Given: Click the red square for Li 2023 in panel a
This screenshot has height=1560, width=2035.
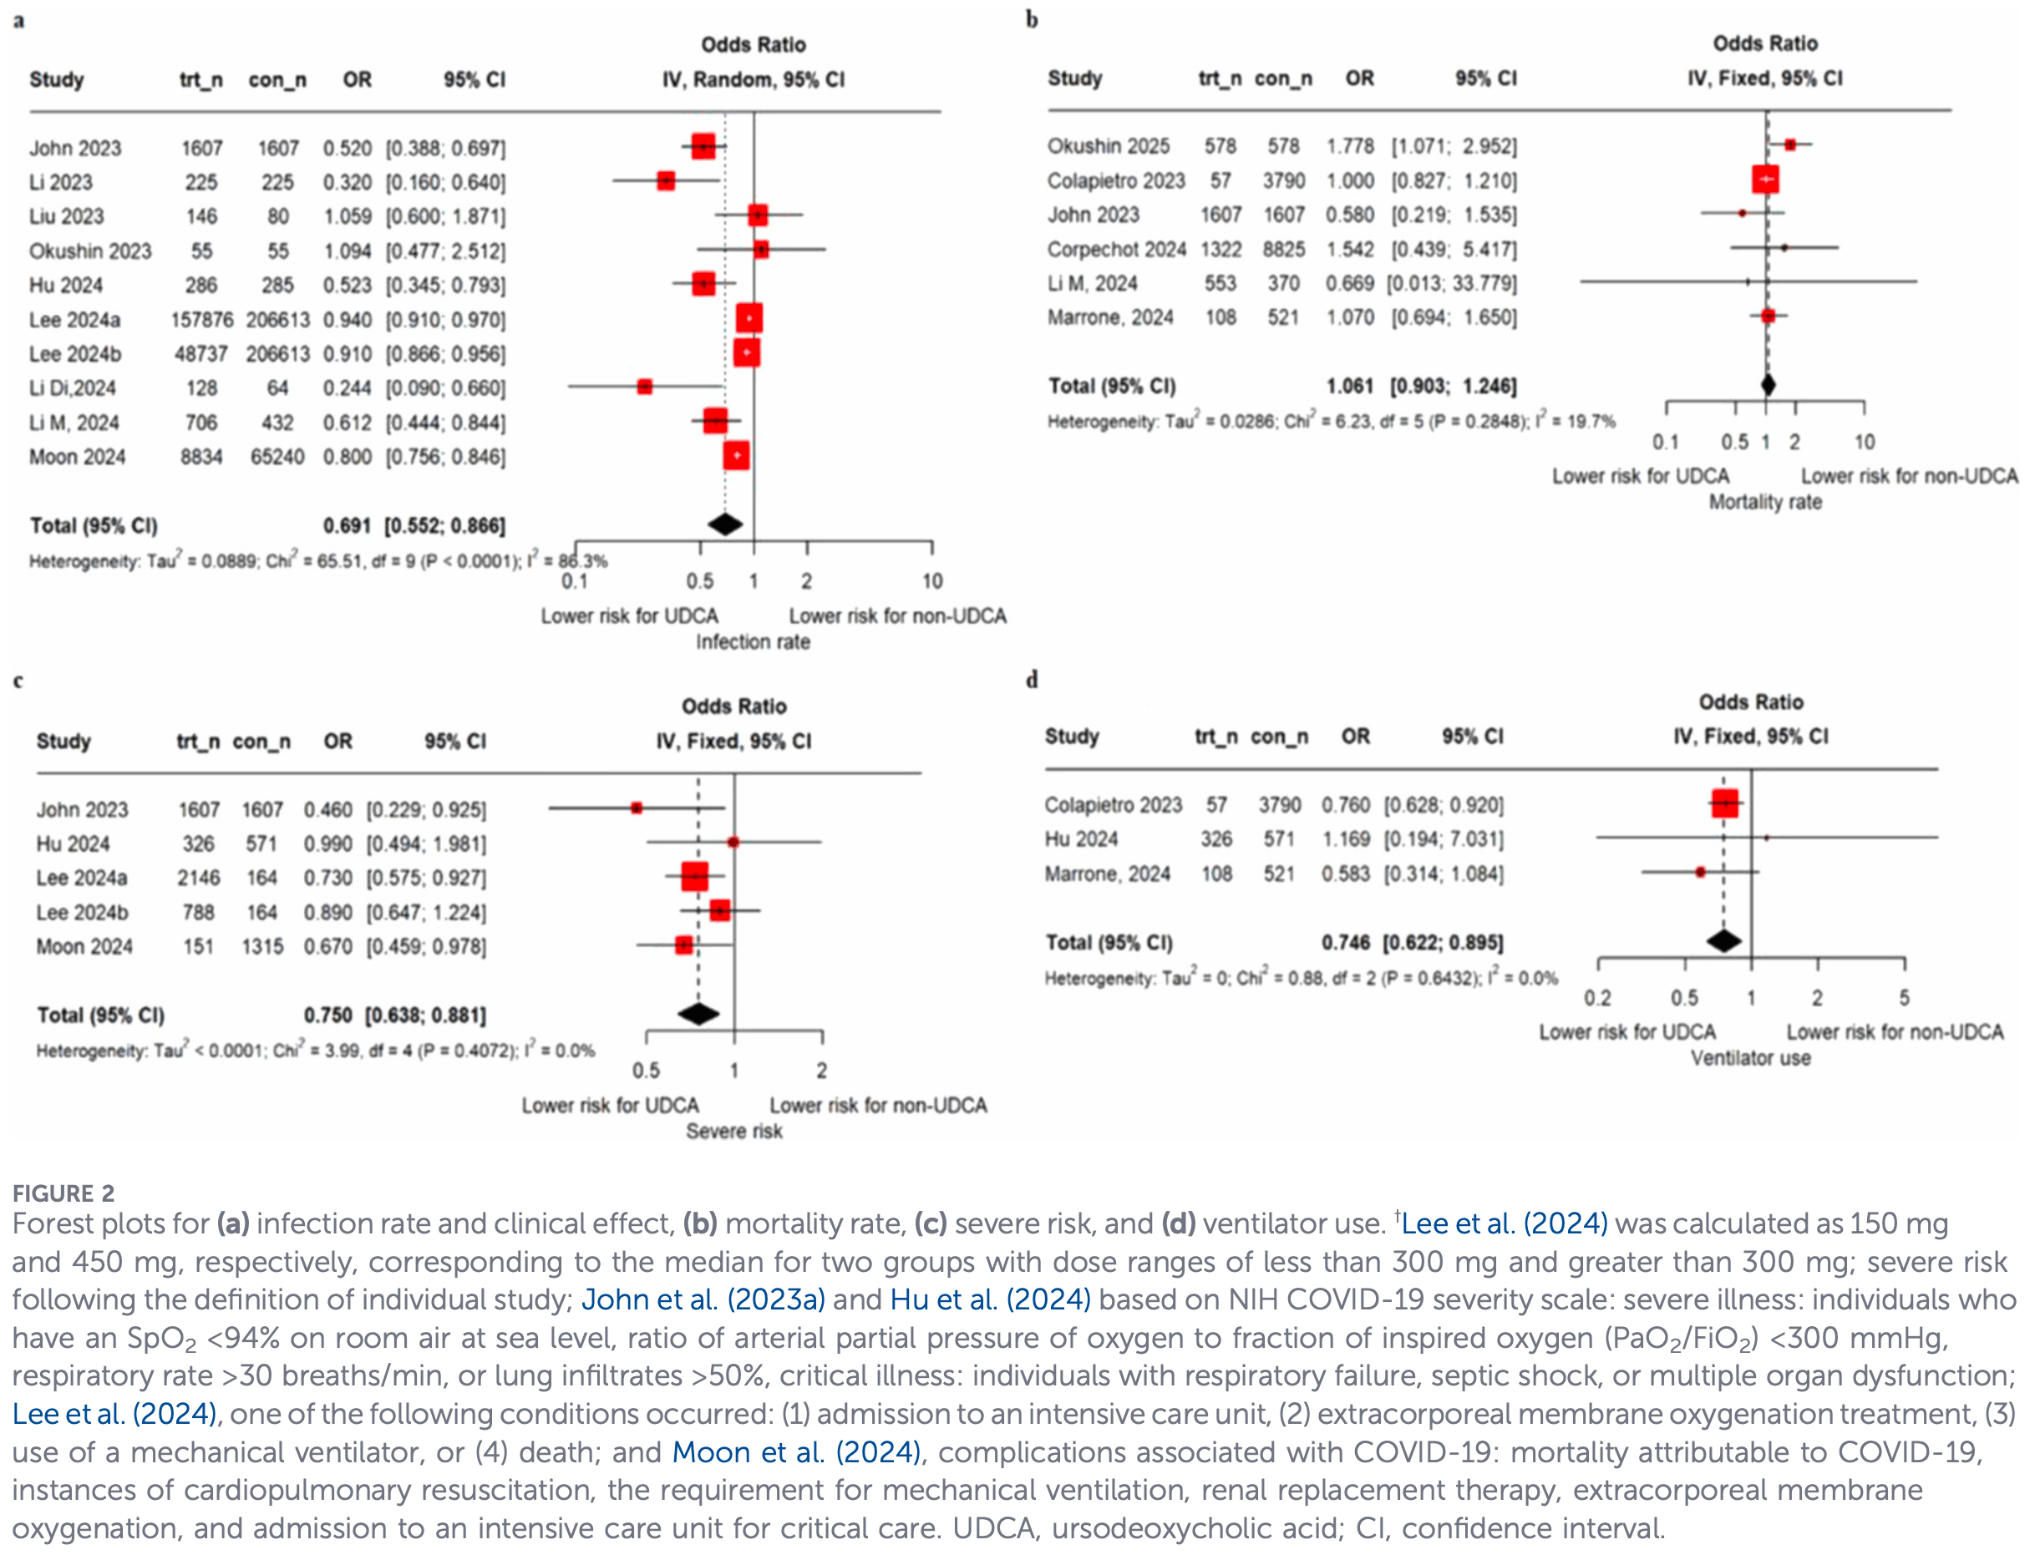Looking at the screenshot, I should [665, 181].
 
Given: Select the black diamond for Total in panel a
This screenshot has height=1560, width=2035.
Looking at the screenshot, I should [724, 524].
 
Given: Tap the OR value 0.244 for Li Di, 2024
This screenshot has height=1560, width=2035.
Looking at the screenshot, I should [347, 388].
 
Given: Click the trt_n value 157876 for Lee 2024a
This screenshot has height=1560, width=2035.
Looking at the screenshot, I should [201, 319].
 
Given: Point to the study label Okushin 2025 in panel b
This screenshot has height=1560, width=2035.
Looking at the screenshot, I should [1107, 146].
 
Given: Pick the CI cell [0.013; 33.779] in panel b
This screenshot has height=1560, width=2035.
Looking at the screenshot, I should [1451, 283].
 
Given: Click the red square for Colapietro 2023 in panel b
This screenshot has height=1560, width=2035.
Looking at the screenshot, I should [1764, 180].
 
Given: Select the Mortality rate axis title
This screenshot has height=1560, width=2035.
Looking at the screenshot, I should [1764, 503].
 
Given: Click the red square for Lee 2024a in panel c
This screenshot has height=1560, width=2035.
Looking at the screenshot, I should [694, 877].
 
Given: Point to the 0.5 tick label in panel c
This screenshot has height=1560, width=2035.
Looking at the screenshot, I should [646, 1071].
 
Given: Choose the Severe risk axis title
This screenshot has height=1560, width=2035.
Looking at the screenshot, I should [733, 1131].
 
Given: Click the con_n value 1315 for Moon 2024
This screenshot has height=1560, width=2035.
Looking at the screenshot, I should [262, 946].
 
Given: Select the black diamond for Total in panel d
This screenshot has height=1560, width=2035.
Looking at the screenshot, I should [1724, 940].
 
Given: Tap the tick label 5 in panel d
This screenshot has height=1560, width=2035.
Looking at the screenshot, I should [1904, 998].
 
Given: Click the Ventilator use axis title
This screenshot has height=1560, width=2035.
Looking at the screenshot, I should [1750, 1057].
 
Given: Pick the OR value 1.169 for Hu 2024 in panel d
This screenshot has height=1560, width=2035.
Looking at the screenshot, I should [1345, 839].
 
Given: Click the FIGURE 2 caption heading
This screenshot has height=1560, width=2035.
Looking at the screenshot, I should [63, 1193].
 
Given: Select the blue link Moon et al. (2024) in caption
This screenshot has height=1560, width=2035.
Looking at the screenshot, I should [796, 1451].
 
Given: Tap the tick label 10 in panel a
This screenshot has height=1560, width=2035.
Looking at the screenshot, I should [931, 581].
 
